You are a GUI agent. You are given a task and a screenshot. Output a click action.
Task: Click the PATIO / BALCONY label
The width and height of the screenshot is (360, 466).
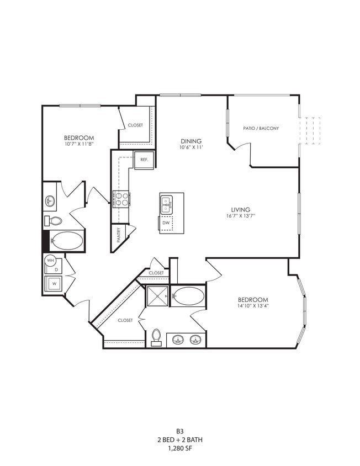click(x=261, y=128)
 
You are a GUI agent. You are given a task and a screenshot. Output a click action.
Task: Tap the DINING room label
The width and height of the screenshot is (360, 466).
click(x=190, y=141)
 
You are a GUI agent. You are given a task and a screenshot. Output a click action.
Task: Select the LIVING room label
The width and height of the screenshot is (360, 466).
click(x=241, y=210)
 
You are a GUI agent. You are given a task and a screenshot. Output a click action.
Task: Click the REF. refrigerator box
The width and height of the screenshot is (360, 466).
click(x=144, y=160)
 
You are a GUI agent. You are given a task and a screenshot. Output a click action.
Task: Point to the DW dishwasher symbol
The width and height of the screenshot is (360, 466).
click(x=166, y=223)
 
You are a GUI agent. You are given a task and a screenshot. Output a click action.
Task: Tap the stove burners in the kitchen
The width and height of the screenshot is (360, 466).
click(x=121, y=198)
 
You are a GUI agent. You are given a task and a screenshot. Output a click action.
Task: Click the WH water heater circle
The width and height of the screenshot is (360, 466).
click(x=50, y=260)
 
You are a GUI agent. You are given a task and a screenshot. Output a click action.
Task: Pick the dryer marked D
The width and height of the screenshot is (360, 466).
click(x=56, y=269)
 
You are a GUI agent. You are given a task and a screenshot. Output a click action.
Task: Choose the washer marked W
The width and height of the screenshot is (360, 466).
click(x=54, y=284)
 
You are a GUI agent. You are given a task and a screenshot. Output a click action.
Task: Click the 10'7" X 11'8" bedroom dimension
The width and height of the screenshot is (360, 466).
click(x=79, y=145)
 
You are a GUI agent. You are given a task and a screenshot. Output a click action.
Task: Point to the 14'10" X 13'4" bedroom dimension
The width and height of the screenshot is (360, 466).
click(x=254, y=306)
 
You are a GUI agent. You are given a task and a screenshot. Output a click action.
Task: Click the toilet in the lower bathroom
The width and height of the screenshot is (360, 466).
click(x=156, y=336)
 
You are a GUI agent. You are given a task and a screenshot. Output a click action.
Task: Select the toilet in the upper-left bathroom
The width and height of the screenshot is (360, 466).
click(x=55, y=221)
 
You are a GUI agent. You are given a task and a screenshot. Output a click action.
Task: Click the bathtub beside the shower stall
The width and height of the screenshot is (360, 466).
click(x=188, y=296)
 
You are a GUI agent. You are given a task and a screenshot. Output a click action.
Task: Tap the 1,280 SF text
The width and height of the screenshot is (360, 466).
click(x=179, y=449)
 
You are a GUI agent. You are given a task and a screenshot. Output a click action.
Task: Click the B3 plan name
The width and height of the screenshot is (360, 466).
click(x=179, y=431)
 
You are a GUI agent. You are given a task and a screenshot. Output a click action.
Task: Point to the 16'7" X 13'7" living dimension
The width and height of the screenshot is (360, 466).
click(x=241, y=216)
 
